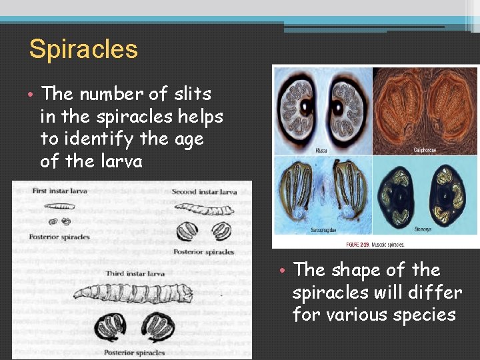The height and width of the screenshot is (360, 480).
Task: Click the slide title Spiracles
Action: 83,49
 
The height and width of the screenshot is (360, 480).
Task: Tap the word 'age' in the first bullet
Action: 188,139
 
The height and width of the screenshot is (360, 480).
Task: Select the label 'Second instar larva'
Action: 204,192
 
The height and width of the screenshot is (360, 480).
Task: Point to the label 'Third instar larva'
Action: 135,273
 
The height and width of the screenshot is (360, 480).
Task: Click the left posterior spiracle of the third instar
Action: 111,327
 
